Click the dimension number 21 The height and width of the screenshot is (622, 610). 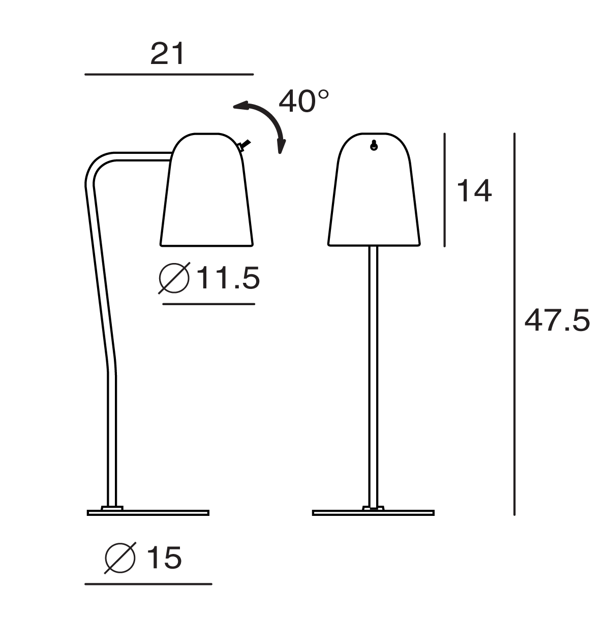[167, 54]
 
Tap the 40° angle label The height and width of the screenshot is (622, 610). [303, 101]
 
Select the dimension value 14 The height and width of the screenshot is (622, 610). [474, 191]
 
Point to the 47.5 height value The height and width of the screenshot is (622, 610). [557, 321]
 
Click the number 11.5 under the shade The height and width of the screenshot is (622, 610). [228, 278]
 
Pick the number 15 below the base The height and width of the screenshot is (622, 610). [164, 558]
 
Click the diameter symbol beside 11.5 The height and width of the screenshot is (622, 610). [174, 278]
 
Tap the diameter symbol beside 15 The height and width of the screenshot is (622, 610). [120, 558]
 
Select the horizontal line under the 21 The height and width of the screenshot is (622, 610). [169, 75]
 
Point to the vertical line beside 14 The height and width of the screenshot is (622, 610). [445, 190]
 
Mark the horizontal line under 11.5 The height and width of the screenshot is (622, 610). [208, 304]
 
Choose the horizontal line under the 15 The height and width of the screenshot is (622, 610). [148, 584]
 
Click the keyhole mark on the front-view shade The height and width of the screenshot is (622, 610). [374, 146]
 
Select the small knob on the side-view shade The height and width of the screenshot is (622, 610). [245, 145]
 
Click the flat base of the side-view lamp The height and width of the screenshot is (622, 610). [148, 512]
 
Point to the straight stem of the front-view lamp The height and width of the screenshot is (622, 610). [374, 376]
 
